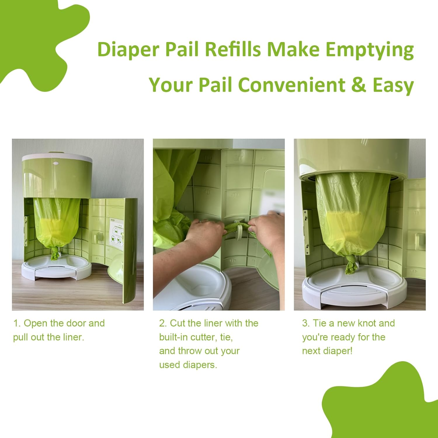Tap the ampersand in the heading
pos(359,85)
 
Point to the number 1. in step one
pos(17,323)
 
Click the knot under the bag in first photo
pos(55,253)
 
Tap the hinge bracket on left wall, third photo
pos(306,231)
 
